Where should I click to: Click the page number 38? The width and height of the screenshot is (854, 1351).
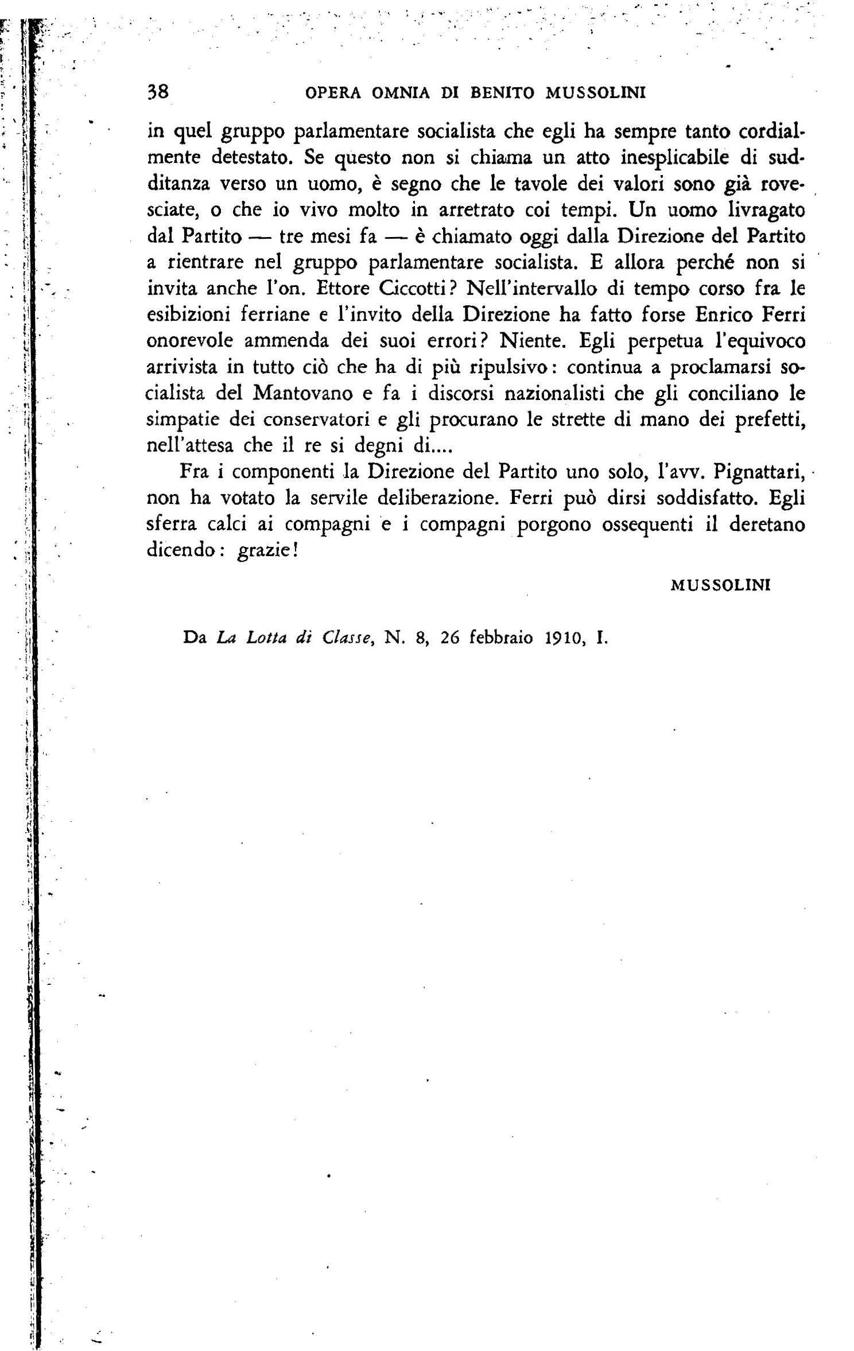click(157, 92)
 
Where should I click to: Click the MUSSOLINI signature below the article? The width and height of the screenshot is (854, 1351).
click(720, 585)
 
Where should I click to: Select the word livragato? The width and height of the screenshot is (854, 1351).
click(758, 209)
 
